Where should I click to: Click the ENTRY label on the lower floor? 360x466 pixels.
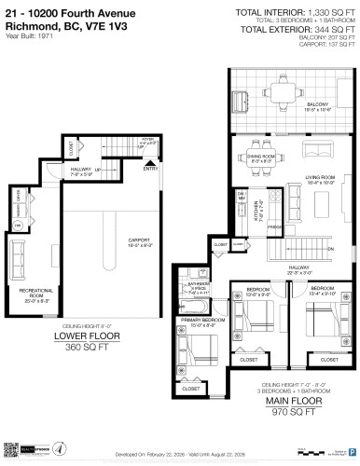pyautogui.click(x=150, y=170)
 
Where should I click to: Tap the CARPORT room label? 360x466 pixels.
pyautogui.click(x=139, y=241)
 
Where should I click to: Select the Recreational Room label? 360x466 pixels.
pyautogui.click(x=36, y=294)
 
